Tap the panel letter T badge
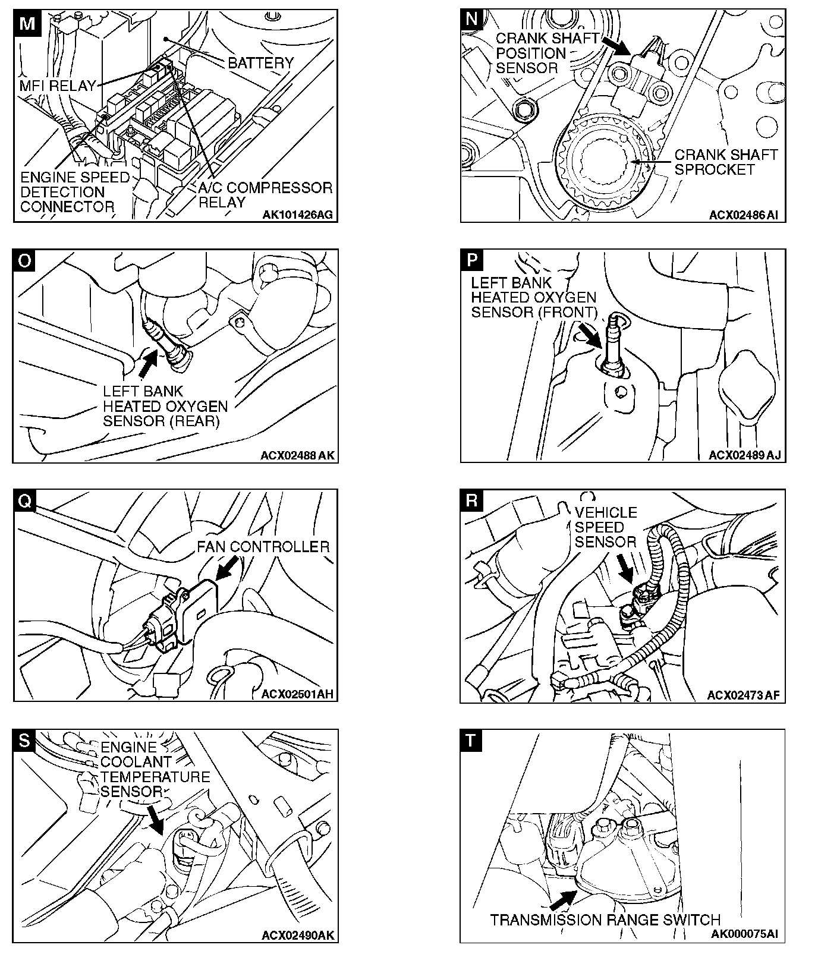coord(471,741)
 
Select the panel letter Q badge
coord(24,500)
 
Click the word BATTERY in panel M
coord(260,62)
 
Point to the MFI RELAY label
coord(58,86)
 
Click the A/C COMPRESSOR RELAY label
coord(265,195)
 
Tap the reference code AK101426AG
coord(298,215)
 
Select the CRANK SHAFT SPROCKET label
coord(726,162)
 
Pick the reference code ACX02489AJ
coord(744,455)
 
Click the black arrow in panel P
coord(590,336)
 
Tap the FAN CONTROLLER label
coord(263,547)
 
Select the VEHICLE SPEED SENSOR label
coord(605,527)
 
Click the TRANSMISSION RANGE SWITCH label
coord(605,920)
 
